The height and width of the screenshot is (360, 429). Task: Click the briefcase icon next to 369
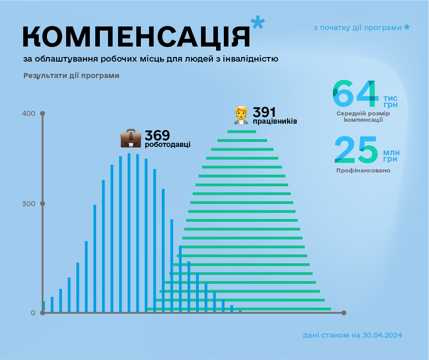131,138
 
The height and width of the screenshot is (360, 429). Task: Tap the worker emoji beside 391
241,115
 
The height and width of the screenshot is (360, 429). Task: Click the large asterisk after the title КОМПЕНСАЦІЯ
258,23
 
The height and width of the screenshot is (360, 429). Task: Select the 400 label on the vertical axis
29,113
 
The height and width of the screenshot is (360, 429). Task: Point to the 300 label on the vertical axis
29,203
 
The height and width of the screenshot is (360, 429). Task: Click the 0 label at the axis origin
33,313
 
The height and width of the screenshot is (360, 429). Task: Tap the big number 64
356,93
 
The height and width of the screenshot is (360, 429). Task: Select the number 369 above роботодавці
157,136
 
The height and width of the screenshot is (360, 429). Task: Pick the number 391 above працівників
264,112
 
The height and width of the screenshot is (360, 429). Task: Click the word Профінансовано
363,171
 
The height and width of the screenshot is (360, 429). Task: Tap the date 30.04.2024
382,335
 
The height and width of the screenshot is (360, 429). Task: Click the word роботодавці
167,145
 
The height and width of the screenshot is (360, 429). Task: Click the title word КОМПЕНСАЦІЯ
136,36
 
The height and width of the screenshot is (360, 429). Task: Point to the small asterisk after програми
407,27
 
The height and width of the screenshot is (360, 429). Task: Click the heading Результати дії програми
72,76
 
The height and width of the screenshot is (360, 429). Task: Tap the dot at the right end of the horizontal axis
344,313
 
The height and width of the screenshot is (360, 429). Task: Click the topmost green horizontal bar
242,132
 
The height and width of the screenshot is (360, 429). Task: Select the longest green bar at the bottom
239,309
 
